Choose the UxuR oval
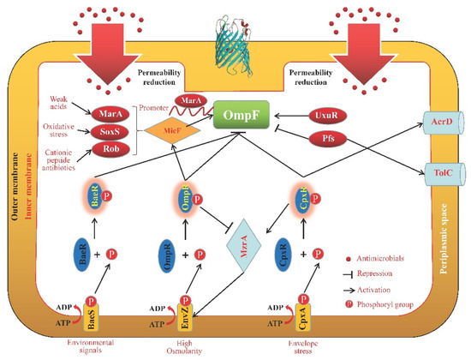pos(325,113)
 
